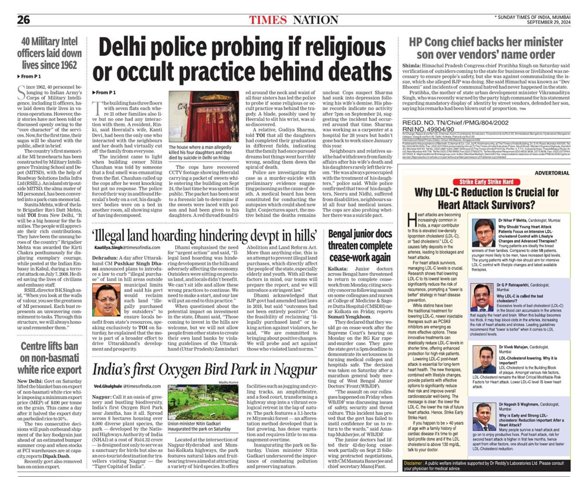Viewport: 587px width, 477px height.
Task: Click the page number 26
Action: pyautogui.click(x=23, y=19)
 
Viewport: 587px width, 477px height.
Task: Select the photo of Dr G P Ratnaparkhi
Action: pyautogui.click(x=485, y=300)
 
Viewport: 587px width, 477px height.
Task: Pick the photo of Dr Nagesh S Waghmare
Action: pyautogui.click(x=485, y=419)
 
